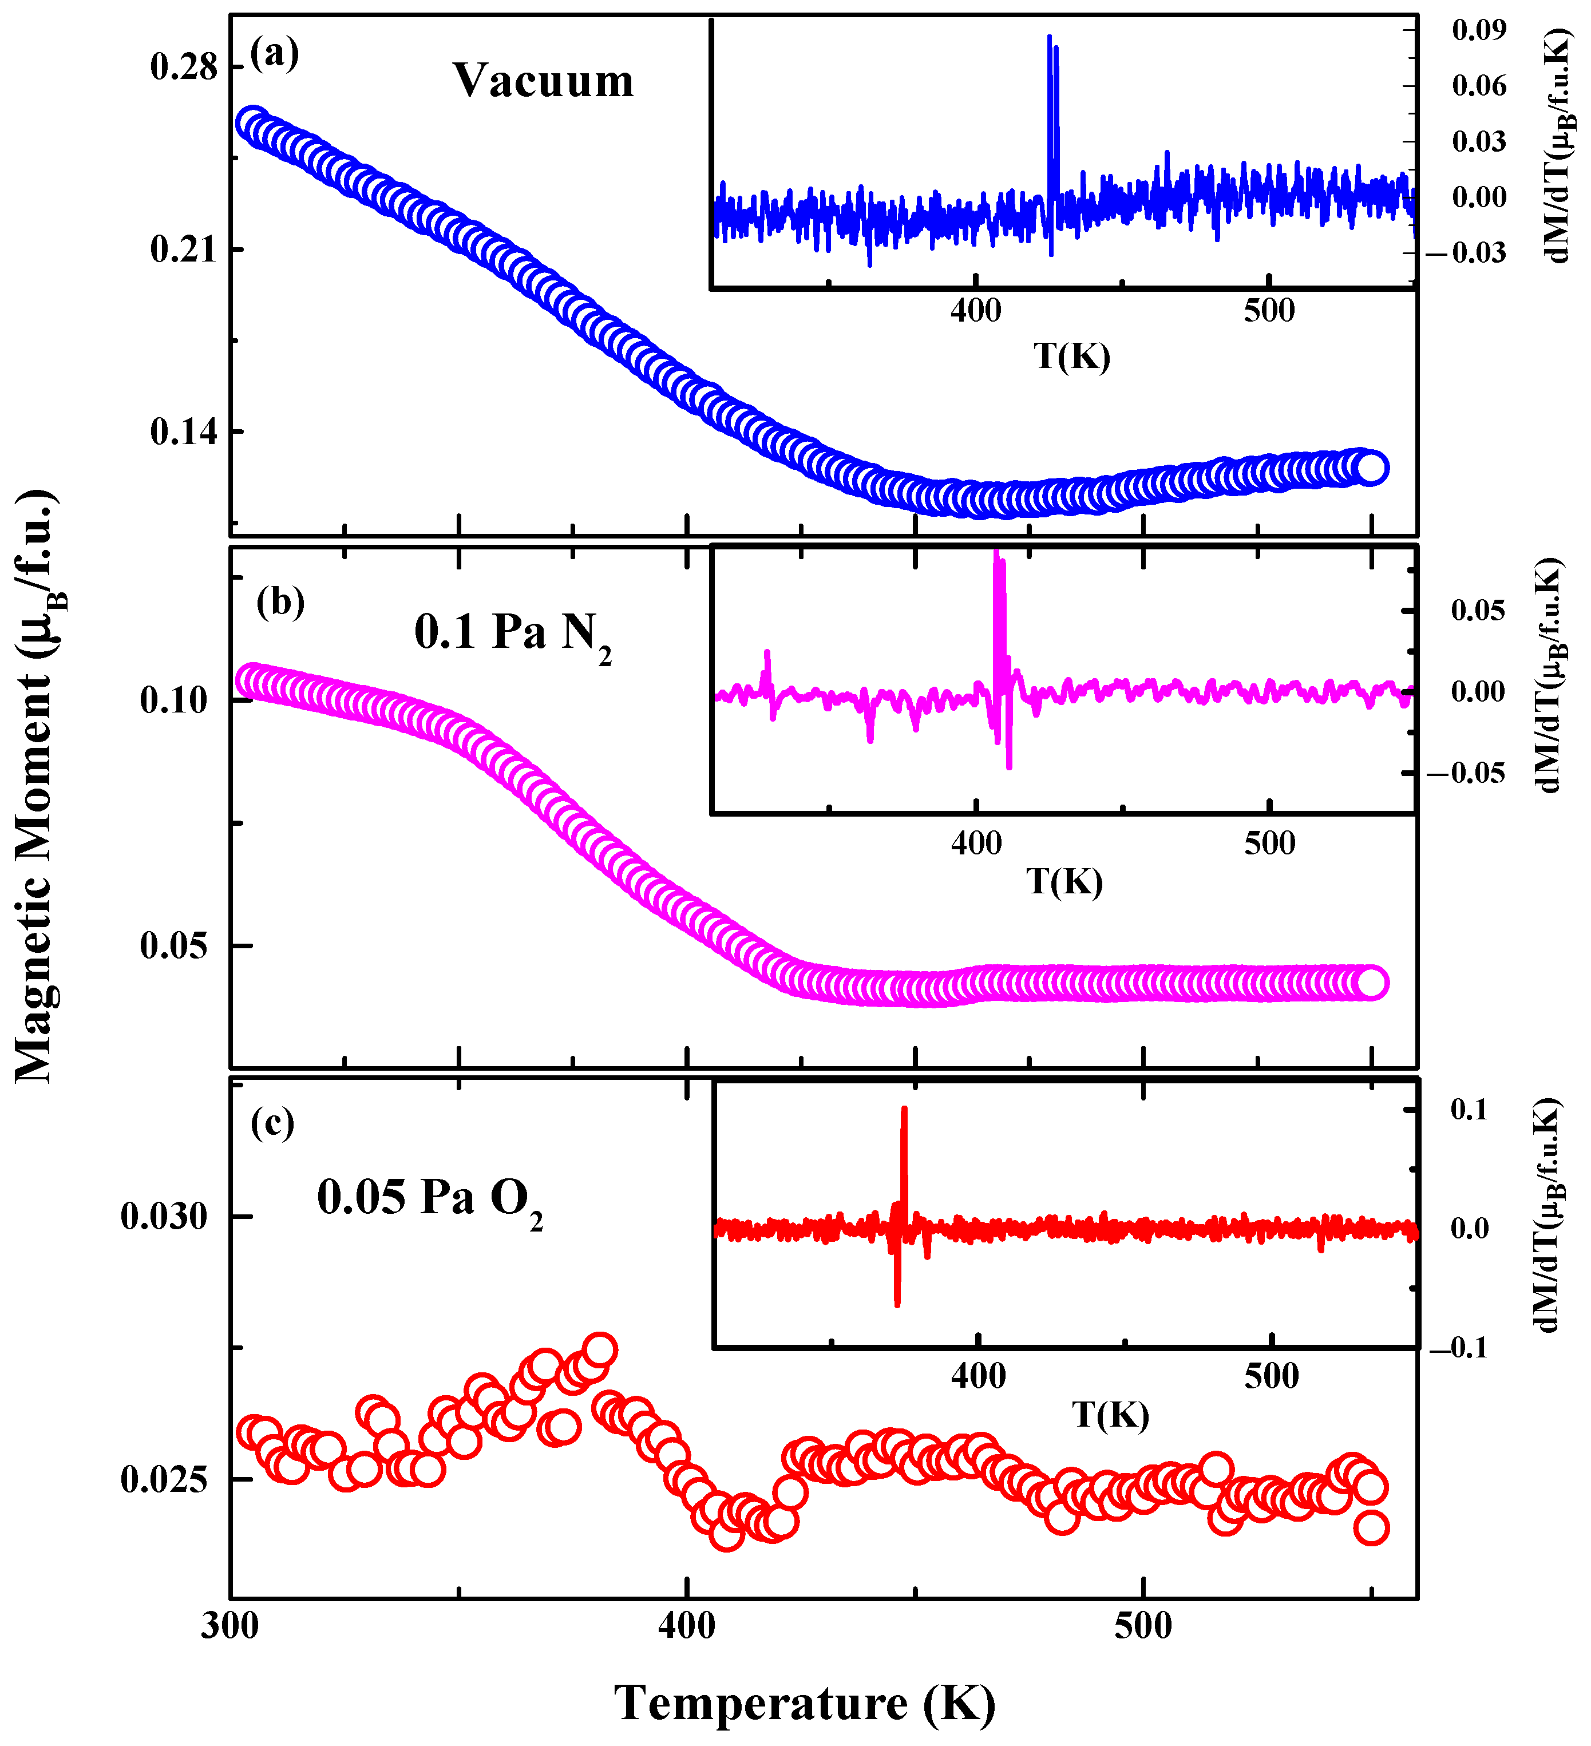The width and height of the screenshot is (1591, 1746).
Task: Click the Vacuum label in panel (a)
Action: [x=543, y=81]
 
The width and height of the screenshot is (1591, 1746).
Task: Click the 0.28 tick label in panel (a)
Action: [x=184, y=67]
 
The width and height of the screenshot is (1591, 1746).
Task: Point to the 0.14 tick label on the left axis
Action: [x=184, y=431]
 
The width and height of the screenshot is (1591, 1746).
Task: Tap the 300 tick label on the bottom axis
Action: [x=231, y=1626]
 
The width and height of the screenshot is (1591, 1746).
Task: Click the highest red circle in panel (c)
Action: [x=599, y=1350]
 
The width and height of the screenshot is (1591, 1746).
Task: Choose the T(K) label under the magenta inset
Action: [x=1064, y=882]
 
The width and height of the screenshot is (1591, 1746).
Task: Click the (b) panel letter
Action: [x=280, y=601]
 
